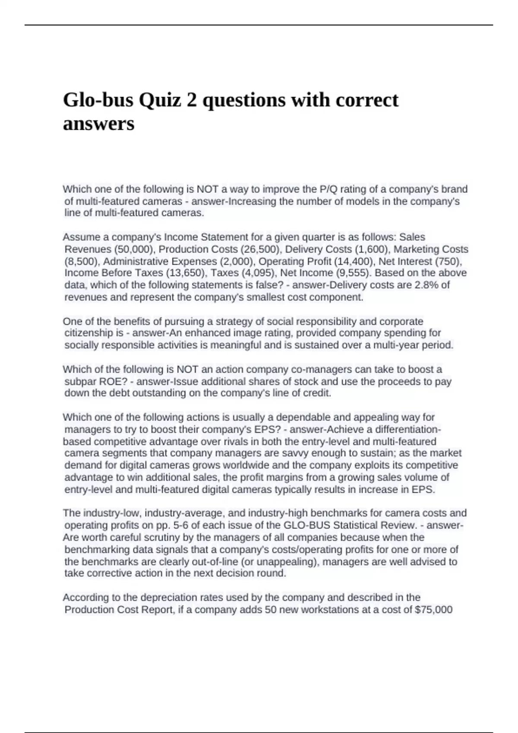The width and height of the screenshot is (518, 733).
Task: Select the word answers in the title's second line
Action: pyautogui.click(x=99, y=124)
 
